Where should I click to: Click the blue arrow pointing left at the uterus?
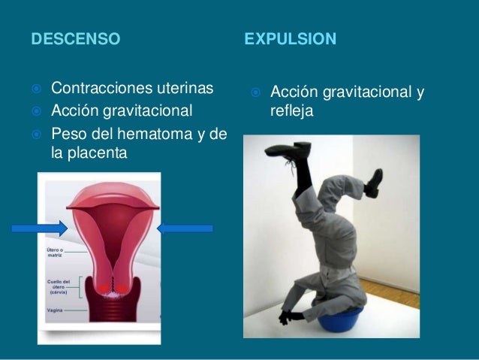click(x=186, y=228)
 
